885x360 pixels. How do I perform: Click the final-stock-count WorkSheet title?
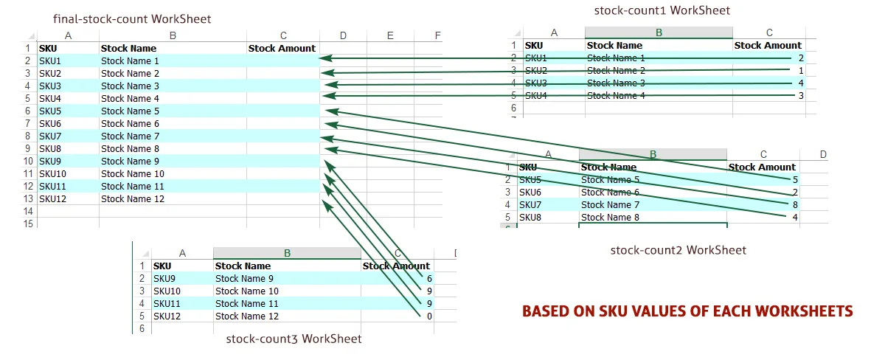click(x=131, y=18)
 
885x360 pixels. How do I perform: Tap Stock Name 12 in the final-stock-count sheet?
click(x=133, y=198)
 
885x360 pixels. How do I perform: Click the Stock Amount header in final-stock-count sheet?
click(x=282, y=48)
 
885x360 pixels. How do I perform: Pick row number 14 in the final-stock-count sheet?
click(x=29, y=211)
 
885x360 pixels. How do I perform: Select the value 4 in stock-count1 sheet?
click(x=800, y=83)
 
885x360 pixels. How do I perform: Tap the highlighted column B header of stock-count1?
click(x=659, y=32)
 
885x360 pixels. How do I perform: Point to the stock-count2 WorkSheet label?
click(x=678, y=250)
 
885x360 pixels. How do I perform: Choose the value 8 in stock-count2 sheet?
click(x=795, y=204)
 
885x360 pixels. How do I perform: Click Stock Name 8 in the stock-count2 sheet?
click(x=611, y=217)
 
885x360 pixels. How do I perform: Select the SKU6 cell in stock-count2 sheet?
click(x=530, y=192)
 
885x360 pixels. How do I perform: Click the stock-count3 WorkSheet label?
click(x=294, y=339)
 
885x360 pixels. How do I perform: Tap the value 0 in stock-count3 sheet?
click(x=429, y=316)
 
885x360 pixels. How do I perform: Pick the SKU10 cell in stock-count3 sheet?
click(x=167, y=291)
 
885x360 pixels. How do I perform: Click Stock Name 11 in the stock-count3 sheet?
click(x=247, y=303)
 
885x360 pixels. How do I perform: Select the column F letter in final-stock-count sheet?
click(x=437, y=35)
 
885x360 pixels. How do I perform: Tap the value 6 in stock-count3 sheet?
click(x=429, y=278)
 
